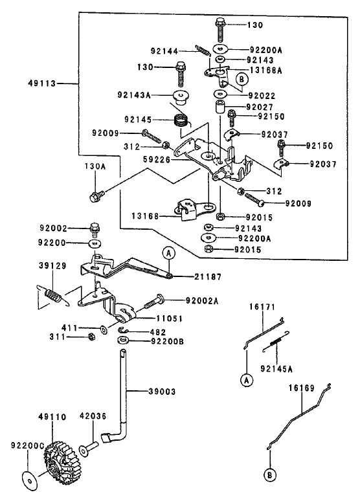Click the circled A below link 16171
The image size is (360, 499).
246,381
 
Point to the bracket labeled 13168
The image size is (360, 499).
192,208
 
